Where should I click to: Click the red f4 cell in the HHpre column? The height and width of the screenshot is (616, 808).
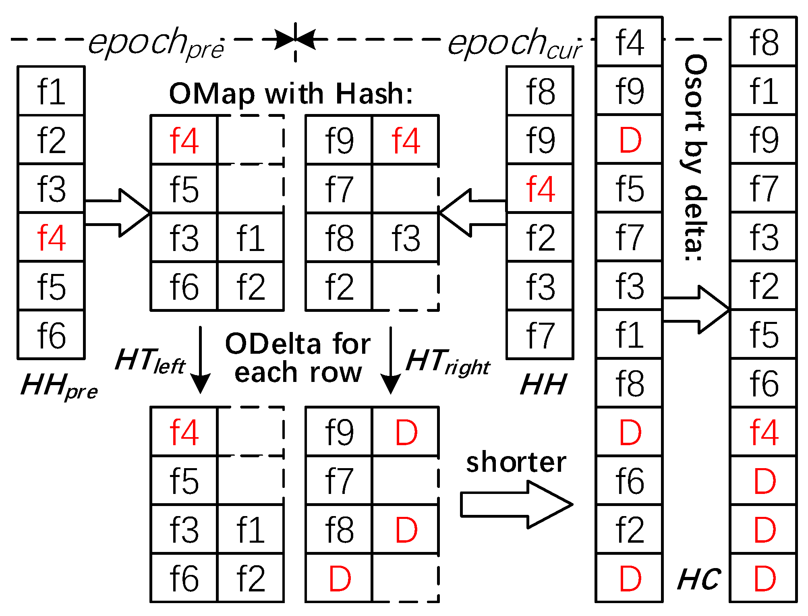click(51, 237)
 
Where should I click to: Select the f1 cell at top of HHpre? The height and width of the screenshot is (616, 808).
click(51, 91)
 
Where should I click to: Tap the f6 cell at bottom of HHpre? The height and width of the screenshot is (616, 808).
click(51, 334)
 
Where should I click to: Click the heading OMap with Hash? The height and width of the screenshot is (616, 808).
click(291, 94)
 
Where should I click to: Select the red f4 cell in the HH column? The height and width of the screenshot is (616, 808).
click(540, 189)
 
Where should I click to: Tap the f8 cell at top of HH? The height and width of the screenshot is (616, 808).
click(540, 91)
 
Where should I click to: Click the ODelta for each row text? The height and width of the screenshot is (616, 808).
click(298, 358)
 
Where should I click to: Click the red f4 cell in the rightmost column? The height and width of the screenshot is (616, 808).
click(764, 432)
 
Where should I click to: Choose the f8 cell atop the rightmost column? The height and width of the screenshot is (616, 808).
click(764, 42)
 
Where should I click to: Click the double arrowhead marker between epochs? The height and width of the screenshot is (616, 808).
click(295, 39)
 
